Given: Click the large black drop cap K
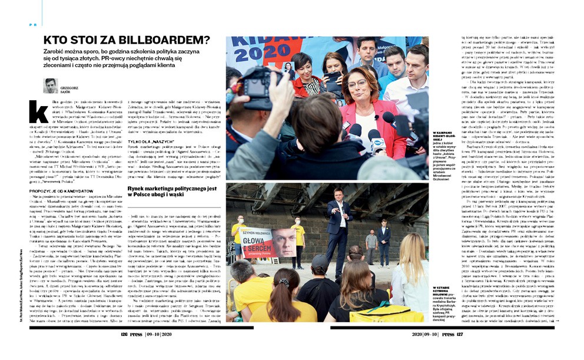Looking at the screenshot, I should point(38,111).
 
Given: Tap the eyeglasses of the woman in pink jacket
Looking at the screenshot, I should point(359,83).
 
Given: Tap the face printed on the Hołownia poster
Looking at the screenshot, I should point(283,242).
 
